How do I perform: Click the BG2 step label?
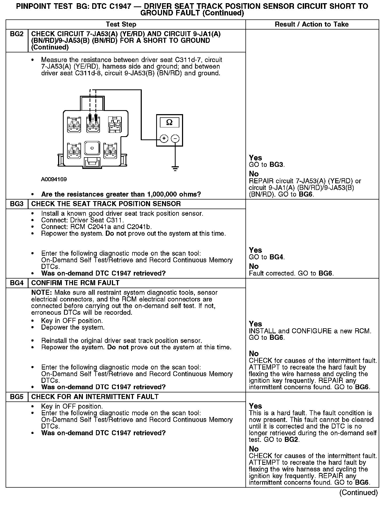(17, 34)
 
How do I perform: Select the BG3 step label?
(17, 204)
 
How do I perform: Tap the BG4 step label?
(17, 283)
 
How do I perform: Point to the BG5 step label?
(17, 397)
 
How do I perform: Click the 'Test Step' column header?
(121, 24)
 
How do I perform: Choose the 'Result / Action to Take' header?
(312, 24)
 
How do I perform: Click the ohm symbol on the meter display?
(169, 122)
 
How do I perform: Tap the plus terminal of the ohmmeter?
(164, 139)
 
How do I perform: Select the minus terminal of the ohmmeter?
(175, 139)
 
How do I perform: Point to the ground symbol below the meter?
(175, 168)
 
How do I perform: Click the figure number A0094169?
(54, 179)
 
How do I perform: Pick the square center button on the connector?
(92, 148)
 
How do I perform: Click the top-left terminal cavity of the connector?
(74, 125)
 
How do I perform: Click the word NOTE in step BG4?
(42, 293)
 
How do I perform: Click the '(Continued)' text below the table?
(358, 492)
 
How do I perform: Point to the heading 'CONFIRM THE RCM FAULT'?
(75, 283)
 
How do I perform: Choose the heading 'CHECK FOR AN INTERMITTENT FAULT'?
(95, 397)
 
